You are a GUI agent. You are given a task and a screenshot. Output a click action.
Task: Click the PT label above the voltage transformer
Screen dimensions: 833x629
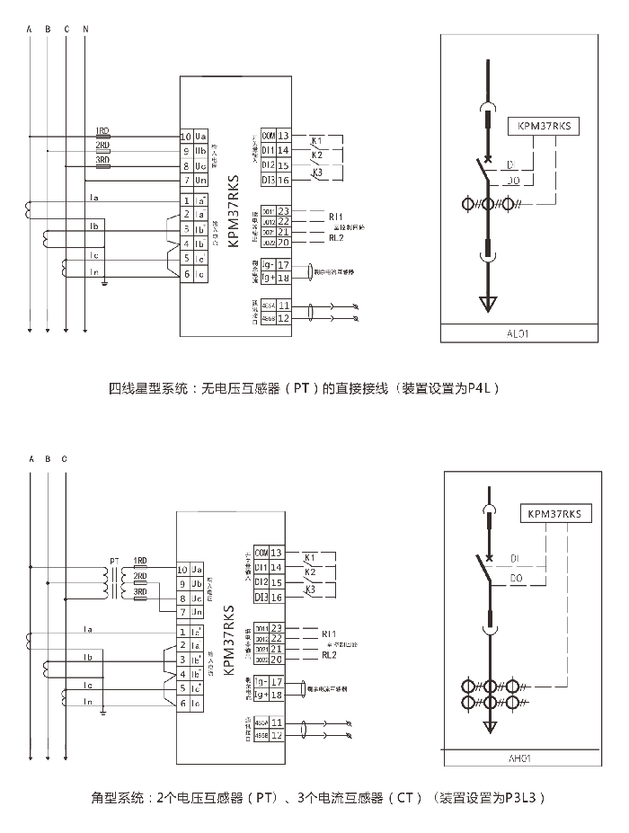pyautogui.click(x=114, y=561)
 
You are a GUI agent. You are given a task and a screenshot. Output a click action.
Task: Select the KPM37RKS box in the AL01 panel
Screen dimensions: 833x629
pyautogui.click(x=544, y=127)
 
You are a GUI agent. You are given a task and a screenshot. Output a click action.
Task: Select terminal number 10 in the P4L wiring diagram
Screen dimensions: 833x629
pyautogui.click(x=186, y=136)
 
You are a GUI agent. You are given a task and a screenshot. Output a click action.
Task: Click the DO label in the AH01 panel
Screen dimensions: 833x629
pyautogui.click(x=515, y=578)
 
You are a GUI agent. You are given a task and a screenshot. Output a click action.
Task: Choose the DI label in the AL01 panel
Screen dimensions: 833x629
pyautogui.click(x=509, y=165)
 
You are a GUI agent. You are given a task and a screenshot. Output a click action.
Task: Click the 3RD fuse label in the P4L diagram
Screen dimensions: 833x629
pyautogui.click(x=102, y=159)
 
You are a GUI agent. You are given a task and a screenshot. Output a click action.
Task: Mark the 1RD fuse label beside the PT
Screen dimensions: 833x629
pyautogui.click(x=139, y=561)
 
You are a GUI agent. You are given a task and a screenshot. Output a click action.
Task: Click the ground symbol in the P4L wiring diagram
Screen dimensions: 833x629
pyautogui.click(x=105, y=283)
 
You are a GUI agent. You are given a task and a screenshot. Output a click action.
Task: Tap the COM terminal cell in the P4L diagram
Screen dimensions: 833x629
pyautogui.click(x=268, y=135)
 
